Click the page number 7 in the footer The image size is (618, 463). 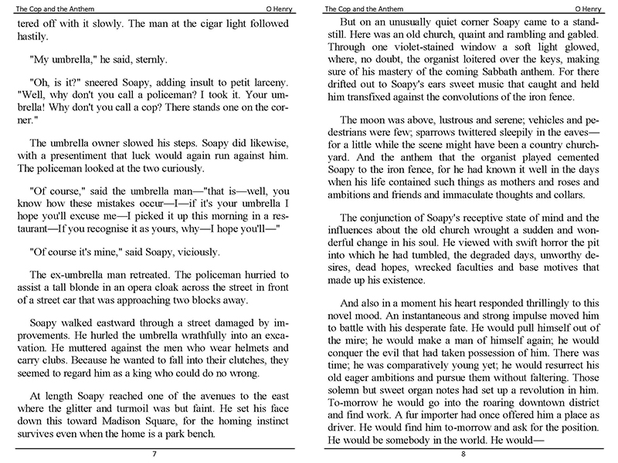click(154, 455)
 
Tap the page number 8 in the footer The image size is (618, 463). click(463, 455)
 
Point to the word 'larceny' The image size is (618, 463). click(269, 84)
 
